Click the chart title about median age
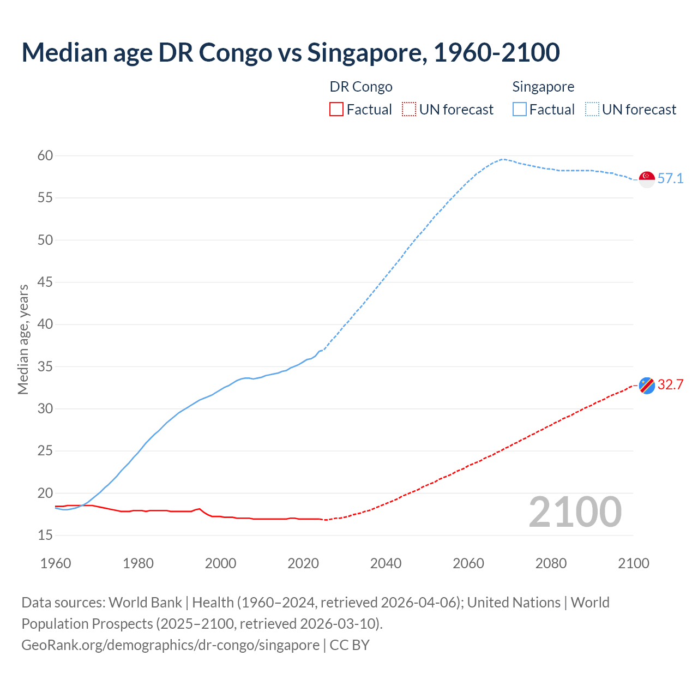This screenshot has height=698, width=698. click(290, 52)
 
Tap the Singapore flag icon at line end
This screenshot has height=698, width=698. click(647, 179)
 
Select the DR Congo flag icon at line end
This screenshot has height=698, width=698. click(647, 386)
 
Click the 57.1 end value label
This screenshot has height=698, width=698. click(670, 179)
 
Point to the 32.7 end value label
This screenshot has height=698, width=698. click(670, 385)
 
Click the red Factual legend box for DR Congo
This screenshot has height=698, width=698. click(336, 110)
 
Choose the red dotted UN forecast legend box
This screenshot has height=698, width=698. click(409, 110)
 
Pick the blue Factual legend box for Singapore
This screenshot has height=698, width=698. click(520, 110)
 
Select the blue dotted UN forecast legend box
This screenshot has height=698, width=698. click(592, 110)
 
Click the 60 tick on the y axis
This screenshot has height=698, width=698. click(45, 156)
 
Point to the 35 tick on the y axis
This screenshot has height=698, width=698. click(45, 366)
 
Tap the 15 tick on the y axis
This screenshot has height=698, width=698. click(45, 535)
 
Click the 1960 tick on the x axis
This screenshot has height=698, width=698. click(56, 563)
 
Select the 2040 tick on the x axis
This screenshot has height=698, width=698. click(386, 563)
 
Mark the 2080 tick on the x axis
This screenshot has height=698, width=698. click(551, 563)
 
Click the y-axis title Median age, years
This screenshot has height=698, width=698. click(23, 339)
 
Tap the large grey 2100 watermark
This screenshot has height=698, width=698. click(575, 512)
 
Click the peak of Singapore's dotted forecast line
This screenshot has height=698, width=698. click(503, 159)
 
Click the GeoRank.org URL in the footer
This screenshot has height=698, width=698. click(170, 645)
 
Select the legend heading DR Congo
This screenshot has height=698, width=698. click(361, 87)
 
